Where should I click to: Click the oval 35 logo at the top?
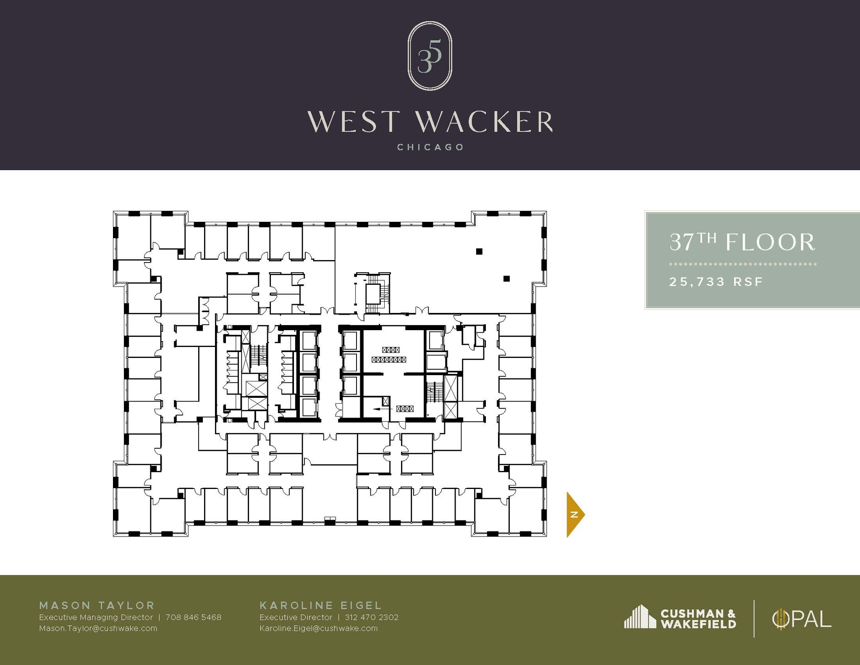coord(430,55)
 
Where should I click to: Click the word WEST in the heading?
coord(351,122)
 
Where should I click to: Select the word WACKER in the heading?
coord(484,122)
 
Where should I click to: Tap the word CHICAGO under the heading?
coord(430,147)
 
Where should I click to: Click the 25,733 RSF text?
coord(716,281)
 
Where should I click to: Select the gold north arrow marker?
coord(574,514)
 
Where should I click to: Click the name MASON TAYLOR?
coord(97,605)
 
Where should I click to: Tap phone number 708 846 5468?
coord(193,618)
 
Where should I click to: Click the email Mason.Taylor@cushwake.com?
coord(98,628)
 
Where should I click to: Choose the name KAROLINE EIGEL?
coord(321,605)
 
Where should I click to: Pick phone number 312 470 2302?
coord(372,618)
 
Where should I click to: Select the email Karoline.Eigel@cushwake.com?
coord(318,628)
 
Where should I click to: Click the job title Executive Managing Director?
coord(96,618)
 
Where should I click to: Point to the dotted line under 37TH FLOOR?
coord(742,264)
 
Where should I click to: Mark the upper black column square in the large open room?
coord(479,252)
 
